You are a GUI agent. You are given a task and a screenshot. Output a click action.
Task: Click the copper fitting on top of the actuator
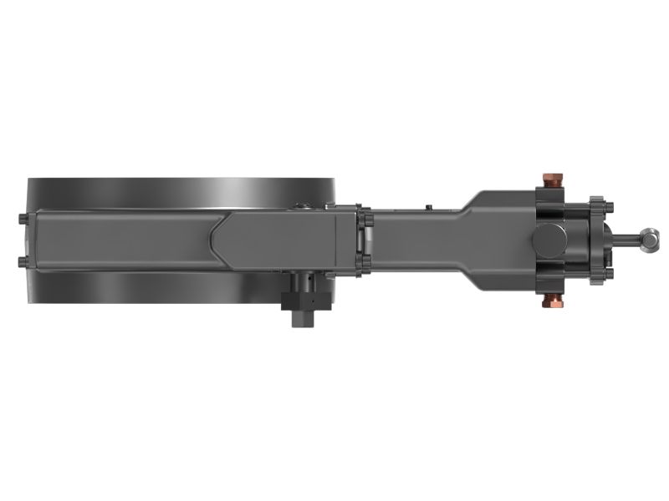[552, 180]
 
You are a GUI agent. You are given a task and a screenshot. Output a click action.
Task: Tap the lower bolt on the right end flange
[609, 272]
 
